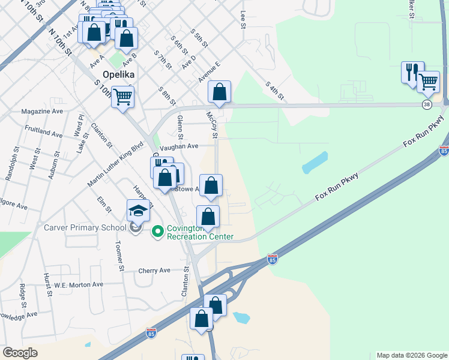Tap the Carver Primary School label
click(85, 227)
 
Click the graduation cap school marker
click(138, 211)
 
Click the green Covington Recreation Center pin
click(158, 231)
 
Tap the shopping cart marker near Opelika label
click(123, 97)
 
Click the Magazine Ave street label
click(42, 112)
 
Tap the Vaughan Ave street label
click(179, 146)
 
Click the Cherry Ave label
click(154, 271)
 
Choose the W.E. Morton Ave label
click(79, 284)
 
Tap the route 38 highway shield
click(427, 104)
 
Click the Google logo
click(20, 353)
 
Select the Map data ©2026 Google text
click(411, 355)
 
